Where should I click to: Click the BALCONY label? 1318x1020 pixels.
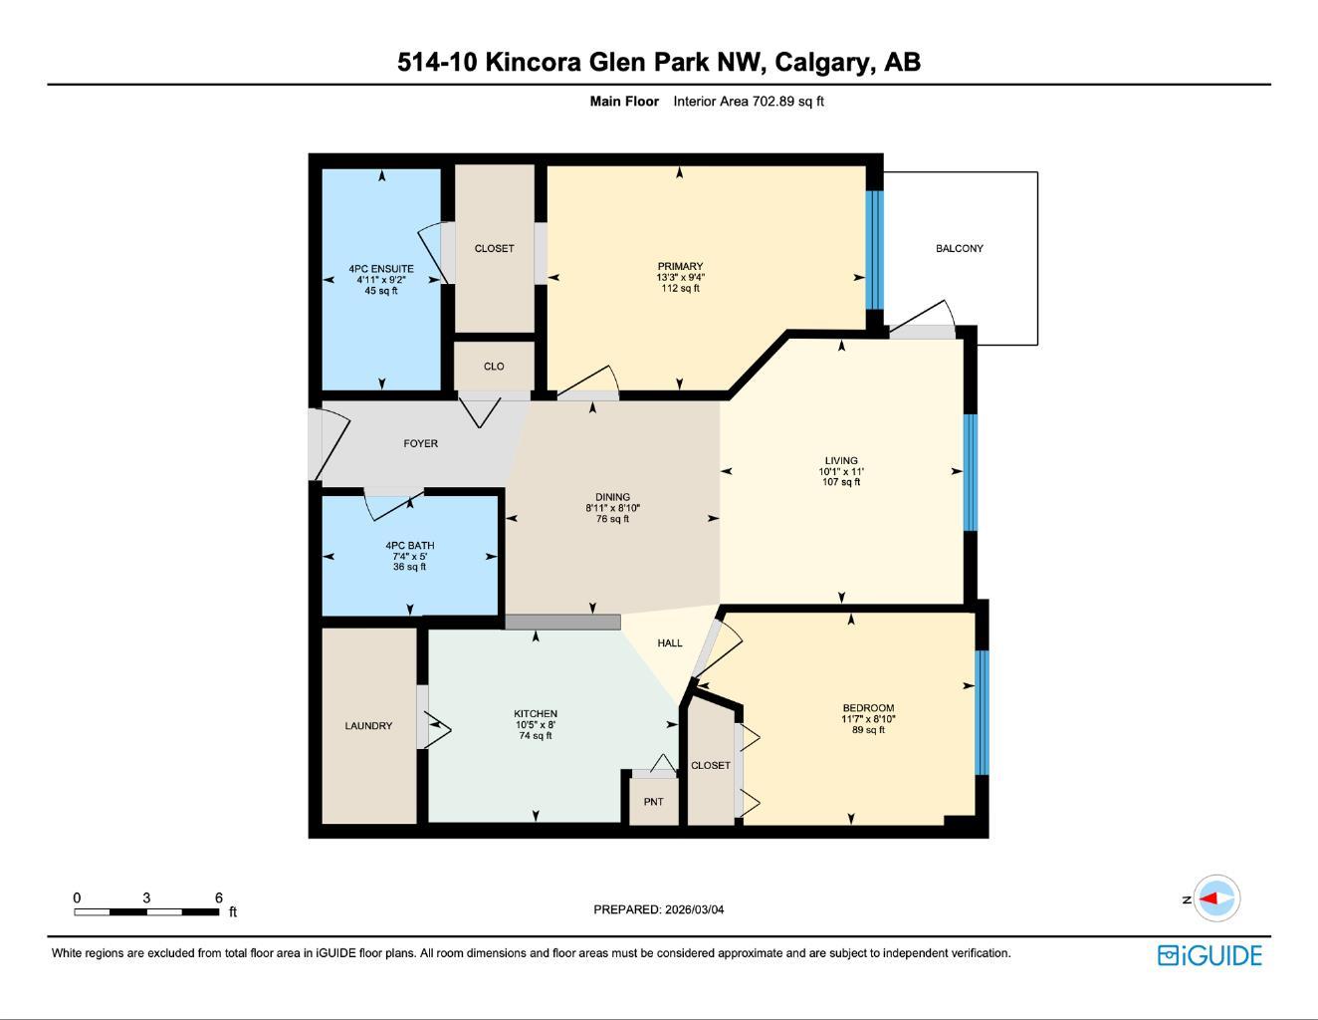[x=959, y=248]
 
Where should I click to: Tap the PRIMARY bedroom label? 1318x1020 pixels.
[x=680, y=266]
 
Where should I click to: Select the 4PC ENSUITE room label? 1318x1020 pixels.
[x=381, y=269]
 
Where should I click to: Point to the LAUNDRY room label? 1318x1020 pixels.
[x=368, y=726]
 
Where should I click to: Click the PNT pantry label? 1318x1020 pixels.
[x=653, y=802]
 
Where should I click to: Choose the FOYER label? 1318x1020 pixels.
[x=420, y=443]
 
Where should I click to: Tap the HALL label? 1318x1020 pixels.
[x=670, y=643]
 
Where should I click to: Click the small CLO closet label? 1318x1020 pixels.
[x=494, y=367]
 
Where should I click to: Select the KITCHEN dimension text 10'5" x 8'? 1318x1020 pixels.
[x=535, y=725]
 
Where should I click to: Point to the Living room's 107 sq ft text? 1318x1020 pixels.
[x=841, y=482]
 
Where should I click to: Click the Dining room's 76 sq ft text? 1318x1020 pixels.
[x=612, y=519]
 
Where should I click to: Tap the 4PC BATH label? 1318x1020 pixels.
[x=409, y=546]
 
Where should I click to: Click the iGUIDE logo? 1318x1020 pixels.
[x=1209, y=955]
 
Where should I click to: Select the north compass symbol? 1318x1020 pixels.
[x=1215, y=898]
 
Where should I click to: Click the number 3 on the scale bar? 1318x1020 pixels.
[x=146, y=897]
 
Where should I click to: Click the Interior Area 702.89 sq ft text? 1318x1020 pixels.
[x=749, y=101]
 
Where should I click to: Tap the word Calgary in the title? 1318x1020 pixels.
[x=819, y=62]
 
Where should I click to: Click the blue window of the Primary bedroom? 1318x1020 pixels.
[x=874, y=249]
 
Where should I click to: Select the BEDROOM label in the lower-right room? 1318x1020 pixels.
[x=868, y=708]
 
